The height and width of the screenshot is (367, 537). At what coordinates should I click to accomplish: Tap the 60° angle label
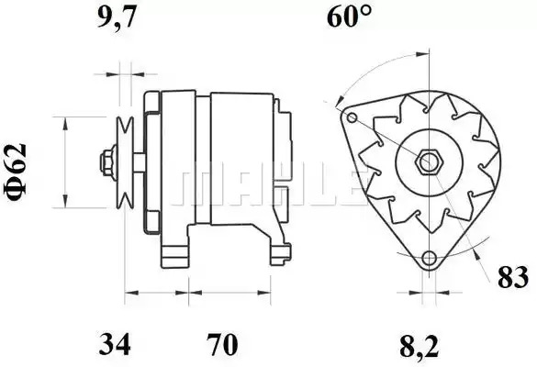click(x=349, y=17)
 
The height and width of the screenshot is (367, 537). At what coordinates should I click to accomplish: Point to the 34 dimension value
click(x=115, y=344)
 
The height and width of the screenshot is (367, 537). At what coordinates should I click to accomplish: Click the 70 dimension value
click(x=221, y=344)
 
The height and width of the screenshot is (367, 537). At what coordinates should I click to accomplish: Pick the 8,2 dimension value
click(x=419, y=346)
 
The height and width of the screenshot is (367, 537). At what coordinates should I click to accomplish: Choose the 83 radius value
click(x=513, y=277)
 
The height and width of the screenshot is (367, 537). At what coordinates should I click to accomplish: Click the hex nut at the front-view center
click(x=429, y=161)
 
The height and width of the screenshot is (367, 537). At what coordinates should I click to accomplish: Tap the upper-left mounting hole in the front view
click(x=352, y=118)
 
